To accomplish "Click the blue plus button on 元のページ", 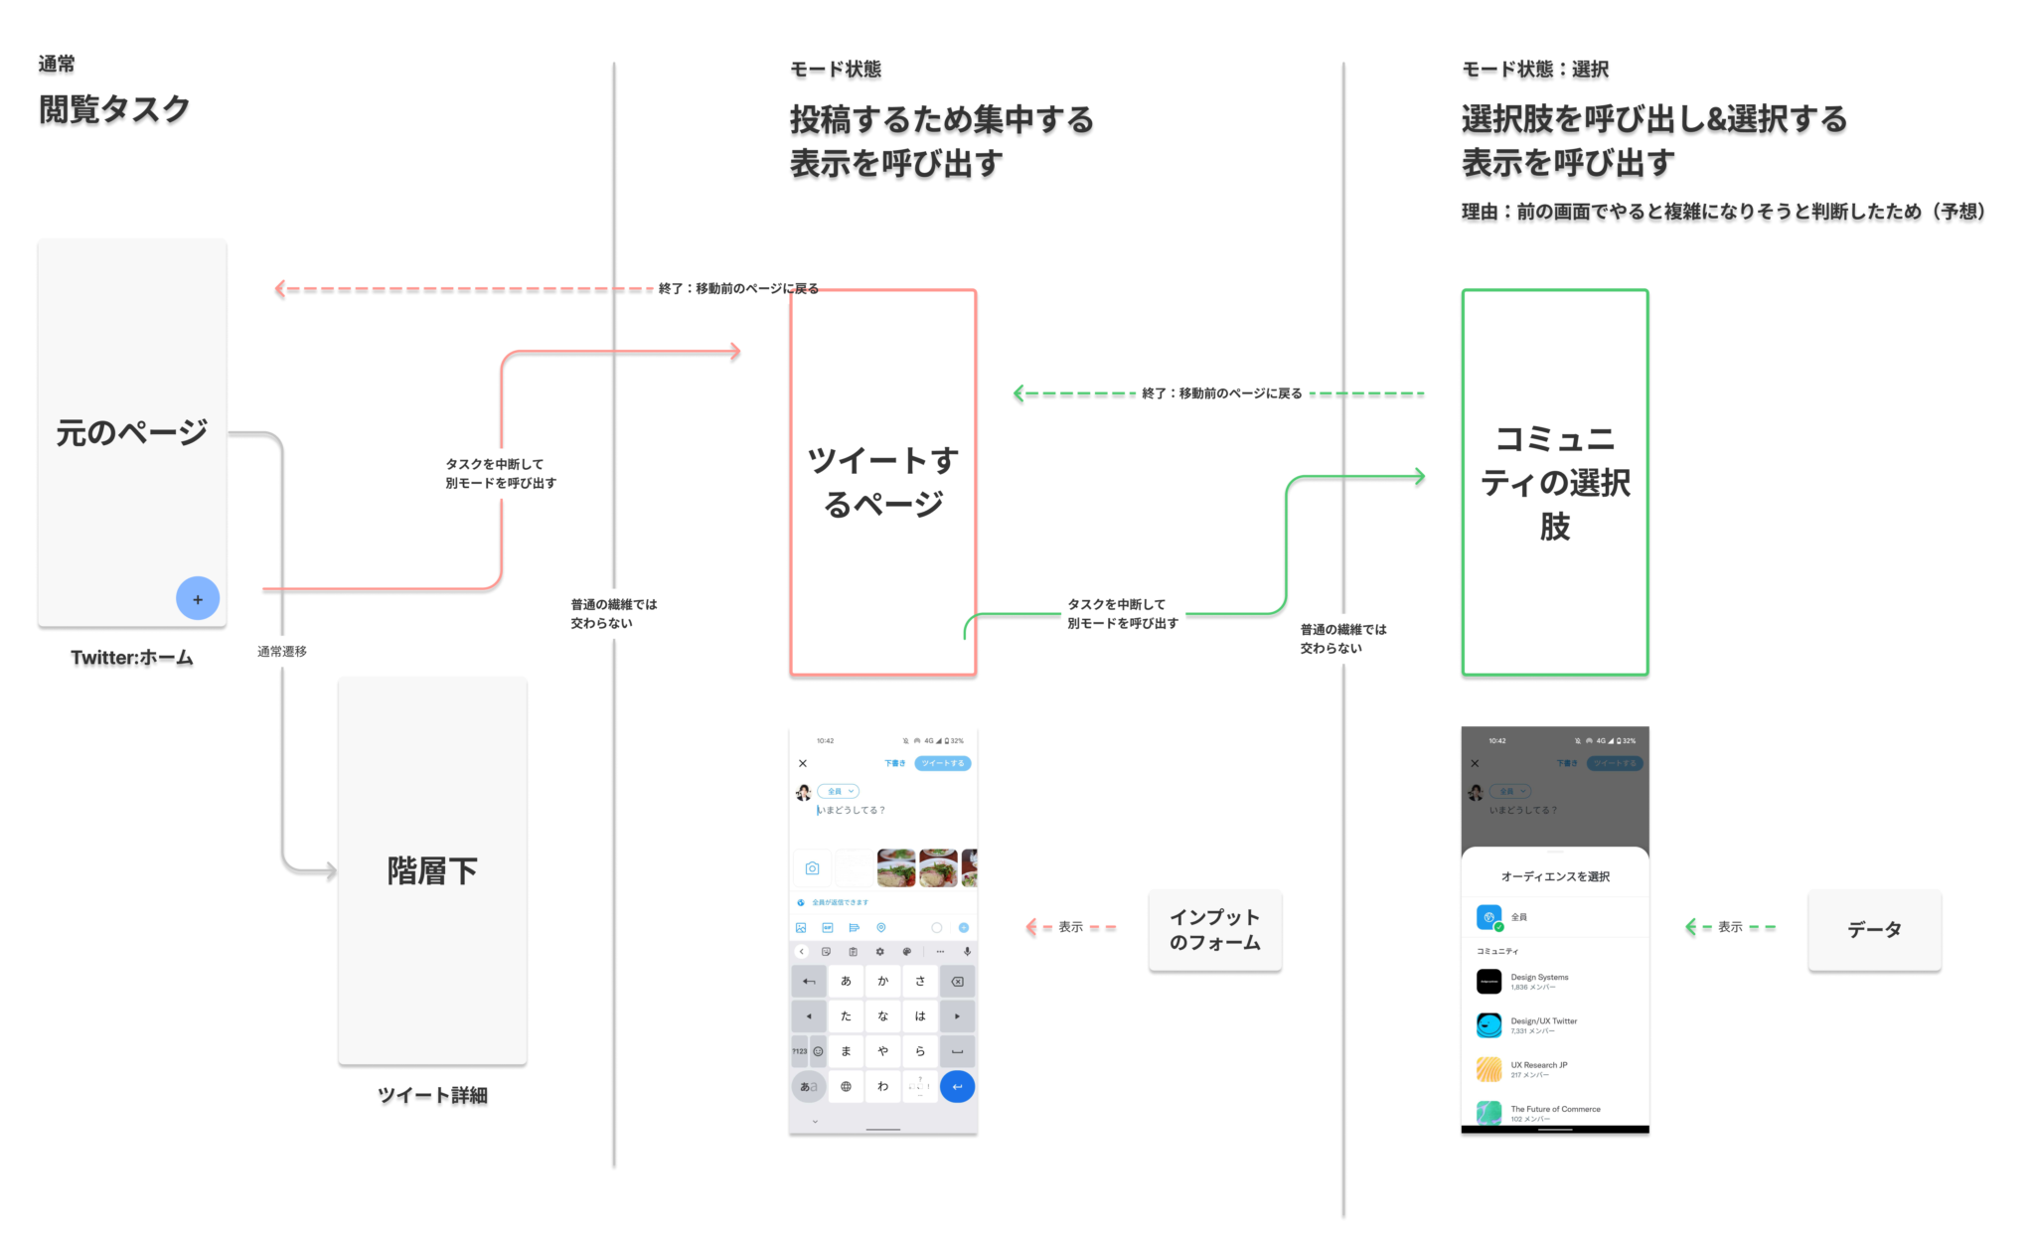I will click(198, 599).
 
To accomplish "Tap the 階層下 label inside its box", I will click(432, 871).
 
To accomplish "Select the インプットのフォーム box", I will click(1214, 930).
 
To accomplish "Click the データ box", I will click(1873, 930).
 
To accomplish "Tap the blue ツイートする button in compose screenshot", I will click(942, 763).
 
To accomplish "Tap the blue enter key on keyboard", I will click(957, 1086).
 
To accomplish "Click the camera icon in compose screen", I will click(812, 868).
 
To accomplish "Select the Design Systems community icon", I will click(1488, 982).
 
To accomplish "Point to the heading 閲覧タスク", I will click(114, 110).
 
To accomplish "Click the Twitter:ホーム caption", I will click(132, 659).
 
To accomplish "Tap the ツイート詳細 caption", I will click(432, 1097).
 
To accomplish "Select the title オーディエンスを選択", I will click(1555, 876).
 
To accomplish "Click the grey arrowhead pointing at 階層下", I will click(331, 871).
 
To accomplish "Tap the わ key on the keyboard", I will click(882, 1086).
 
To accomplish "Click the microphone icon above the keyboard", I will click(967, 952).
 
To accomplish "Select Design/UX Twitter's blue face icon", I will click(1488, 1025).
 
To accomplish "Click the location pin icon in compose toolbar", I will click(881, 928).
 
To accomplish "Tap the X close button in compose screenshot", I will click(803, 763).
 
